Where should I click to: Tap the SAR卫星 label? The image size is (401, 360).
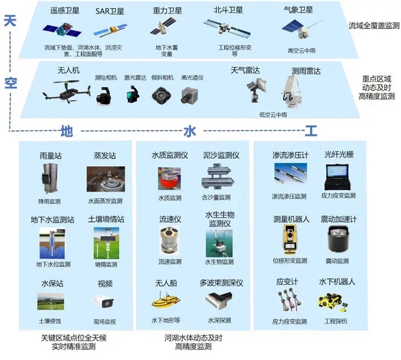(x=110, y=11)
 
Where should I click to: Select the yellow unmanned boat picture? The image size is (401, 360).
(x=166, y=300)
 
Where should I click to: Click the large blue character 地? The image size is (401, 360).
(x=67, y=131)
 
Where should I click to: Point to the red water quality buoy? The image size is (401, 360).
(x=170, y=179)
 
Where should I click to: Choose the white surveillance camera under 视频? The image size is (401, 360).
(x=104, y=301)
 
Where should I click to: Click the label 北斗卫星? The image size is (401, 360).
(x=229, y=10)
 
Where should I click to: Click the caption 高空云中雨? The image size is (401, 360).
(x=301, y=50)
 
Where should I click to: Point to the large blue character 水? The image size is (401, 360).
(x=190, y=131)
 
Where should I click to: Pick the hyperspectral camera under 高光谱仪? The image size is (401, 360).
(x=190, y=95)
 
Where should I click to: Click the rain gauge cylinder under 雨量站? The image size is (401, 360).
(x=50, y=179)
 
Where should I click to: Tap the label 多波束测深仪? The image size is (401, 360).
(x=221, y=283)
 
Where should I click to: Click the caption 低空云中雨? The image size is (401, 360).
(x=273, y=115)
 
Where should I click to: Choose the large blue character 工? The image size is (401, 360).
(x=311, y=131)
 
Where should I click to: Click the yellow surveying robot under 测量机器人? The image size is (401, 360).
(x=290, y=240)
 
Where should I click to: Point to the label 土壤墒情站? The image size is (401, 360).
(x=106, y=220)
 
